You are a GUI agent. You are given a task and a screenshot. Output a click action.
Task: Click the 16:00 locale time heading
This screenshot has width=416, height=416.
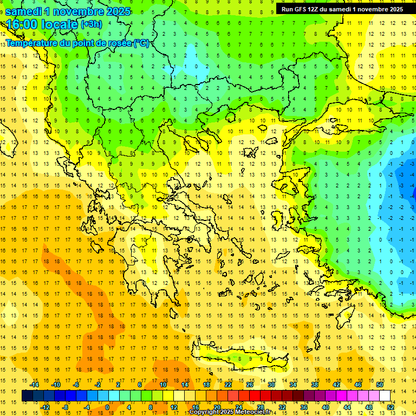(x=42, y=24)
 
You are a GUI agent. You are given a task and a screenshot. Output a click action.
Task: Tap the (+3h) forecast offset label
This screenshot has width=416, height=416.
(x=90, y=24)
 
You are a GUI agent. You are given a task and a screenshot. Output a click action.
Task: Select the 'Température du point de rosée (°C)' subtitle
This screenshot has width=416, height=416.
(x=77, y=43)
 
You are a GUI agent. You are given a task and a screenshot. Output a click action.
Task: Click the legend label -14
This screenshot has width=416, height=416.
(x=34, y=385)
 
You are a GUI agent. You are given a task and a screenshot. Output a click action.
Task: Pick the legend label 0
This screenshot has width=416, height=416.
(x=107, y=407)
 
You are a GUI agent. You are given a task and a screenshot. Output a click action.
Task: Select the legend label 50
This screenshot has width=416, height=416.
(x=379, y=385)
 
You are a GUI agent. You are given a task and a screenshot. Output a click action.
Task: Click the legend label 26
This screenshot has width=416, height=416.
(x=250, y=385)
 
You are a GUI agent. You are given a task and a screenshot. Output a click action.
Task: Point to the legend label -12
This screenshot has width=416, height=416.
(x=45, y=407)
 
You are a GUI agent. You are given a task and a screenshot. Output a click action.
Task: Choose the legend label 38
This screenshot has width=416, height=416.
(x=315, y=385)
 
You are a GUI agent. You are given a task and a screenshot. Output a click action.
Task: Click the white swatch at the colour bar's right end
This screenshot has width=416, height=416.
(x=385, y=396)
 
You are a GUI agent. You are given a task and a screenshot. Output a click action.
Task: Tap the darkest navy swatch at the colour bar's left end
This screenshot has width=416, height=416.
(x=27, y=396)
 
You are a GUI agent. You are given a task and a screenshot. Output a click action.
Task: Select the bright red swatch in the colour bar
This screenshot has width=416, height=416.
(x=255, y=396)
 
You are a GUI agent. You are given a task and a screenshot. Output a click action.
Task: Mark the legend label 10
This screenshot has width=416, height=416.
(x=163, y=385)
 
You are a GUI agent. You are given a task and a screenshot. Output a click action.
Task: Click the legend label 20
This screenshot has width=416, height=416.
(x=217, y=407)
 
